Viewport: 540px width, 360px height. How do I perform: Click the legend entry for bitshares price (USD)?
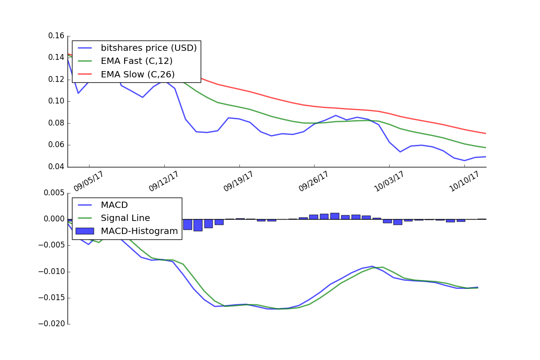(x=148, y=48)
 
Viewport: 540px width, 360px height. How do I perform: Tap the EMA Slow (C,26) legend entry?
(x=137, y=74)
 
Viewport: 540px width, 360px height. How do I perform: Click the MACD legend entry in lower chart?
(x=114, y=205)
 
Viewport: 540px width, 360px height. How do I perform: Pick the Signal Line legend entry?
(x=125, y=218)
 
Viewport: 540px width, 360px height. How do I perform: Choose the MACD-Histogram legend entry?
(x=139, y=231)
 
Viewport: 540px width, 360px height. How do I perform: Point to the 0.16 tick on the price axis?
(x=57, y=36)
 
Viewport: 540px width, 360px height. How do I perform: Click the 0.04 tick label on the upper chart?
(x=57, y=167)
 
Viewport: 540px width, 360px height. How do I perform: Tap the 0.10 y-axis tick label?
(x=57, y=101)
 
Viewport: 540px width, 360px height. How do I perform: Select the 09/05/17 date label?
(x=89, y=181)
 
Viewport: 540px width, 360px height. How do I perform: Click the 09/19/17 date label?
(x=239, y=181)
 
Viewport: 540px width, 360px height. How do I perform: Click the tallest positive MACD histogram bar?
(x=334, y=216)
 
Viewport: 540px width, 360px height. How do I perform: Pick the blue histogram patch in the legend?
(x=85, y=231)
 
